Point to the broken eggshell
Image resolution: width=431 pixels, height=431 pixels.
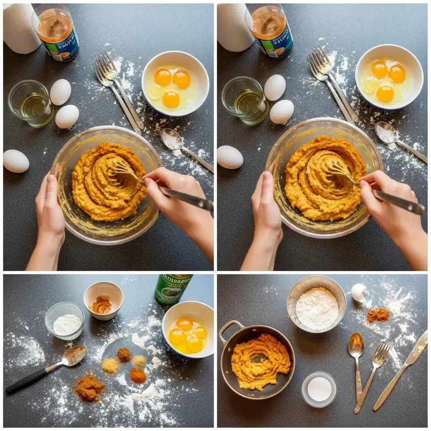(358, 292)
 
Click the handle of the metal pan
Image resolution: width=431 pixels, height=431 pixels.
(230, 330)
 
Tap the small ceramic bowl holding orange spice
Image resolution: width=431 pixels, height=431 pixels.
(103, 301)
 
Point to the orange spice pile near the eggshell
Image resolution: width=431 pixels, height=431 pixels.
(378, 315)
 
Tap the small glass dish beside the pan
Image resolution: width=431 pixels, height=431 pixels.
(319, 389)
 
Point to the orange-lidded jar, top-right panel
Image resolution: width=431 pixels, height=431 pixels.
(269, 31)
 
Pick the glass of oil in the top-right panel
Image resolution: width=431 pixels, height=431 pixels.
(245, 101)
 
